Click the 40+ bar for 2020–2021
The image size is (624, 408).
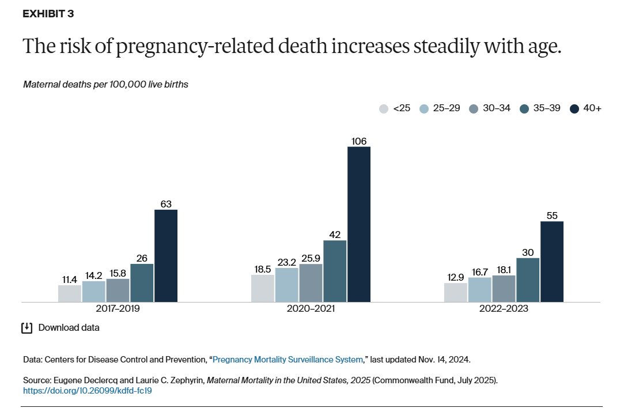358,224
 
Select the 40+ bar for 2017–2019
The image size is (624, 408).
166,256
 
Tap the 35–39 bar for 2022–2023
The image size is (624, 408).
528,280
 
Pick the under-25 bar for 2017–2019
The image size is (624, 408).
70,293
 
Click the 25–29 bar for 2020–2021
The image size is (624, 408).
286,285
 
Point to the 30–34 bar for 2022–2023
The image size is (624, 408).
504,288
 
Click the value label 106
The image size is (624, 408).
358,141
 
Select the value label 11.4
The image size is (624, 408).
70,279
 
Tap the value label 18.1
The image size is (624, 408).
504,270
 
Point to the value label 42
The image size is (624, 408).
335,235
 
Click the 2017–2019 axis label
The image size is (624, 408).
118,309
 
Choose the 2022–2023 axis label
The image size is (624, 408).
504,309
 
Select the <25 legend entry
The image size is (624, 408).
395,108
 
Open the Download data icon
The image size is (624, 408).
27,328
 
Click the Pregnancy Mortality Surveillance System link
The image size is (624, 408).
288,360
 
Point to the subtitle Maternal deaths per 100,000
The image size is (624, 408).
106,84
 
